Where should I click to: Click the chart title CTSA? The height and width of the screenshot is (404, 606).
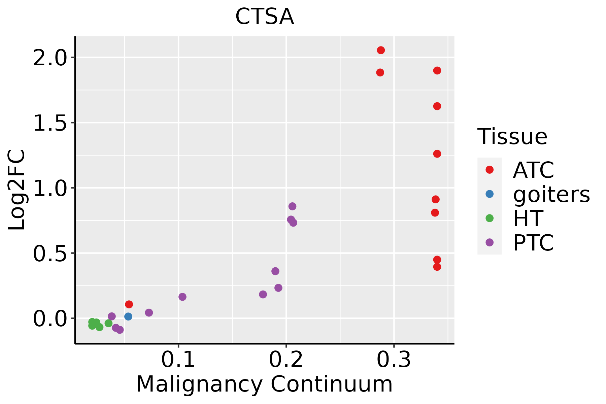click(265, 17)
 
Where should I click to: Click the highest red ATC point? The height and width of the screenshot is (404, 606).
click(381, 50)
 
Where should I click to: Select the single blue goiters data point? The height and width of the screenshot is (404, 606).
click(128, 316)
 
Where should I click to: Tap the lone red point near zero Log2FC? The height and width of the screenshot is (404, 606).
click(129, 304)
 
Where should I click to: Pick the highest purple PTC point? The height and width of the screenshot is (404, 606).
click(292, 206)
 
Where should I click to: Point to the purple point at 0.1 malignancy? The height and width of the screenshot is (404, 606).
click(182, 297)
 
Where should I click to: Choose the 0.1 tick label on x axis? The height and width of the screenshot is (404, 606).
click(178, 360)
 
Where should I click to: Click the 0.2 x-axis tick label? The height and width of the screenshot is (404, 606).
click(286, 360)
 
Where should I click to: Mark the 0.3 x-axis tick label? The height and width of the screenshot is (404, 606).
click(394, 360)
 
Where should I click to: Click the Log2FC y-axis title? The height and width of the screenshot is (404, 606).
click(17, 190)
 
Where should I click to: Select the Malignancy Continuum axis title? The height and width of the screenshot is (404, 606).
click(264, 384)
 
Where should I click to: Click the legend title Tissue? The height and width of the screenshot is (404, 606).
click(512, 137)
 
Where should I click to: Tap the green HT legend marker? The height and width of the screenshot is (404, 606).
click(490, 218)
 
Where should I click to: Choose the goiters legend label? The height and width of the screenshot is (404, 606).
click(551, 194)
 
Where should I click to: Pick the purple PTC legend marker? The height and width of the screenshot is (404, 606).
click(490, 242)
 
